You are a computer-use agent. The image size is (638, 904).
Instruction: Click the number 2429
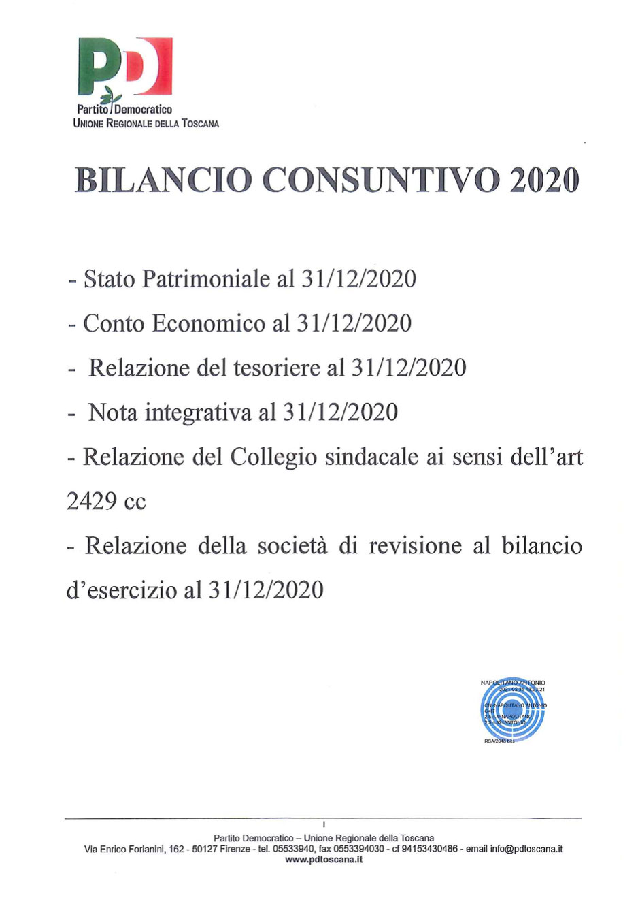(x=92, y=502)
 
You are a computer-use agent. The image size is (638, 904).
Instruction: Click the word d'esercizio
(x=122, y=590)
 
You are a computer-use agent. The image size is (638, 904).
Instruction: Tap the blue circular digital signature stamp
(x=513, y=711)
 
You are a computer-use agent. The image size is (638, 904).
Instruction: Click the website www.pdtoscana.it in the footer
(x=324, y=860)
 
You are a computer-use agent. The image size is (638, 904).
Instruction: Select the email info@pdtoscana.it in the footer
(x=526, y=849)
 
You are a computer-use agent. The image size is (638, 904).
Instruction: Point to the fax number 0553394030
(x=358, y=849)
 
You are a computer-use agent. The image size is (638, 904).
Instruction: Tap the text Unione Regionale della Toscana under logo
(x=146, y=124)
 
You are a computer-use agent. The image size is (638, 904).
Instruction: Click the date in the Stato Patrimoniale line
(x=358, y=279)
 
